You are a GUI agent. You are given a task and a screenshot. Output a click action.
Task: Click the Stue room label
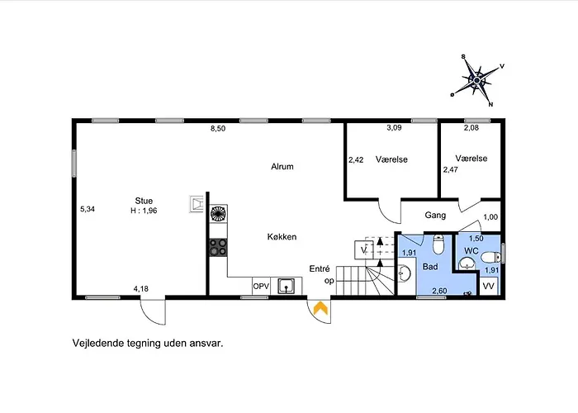(144, 201)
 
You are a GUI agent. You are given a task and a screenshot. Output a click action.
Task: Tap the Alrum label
(282, 167)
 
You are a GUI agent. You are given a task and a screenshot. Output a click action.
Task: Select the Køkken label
(282, 237)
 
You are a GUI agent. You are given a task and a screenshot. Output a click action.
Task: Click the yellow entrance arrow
(320, 308)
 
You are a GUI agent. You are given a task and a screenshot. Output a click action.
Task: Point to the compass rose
(478, 80)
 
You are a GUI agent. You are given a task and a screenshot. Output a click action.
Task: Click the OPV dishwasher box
(262, 286)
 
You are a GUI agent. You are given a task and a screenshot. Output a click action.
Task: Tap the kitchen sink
(286, 286)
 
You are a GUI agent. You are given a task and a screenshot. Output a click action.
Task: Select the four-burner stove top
(218, 247)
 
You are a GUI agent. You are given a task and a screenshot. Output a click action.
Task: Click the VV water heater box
(489, 286)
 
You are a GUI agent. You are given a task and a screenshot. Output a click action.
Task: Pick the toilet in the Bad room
(438, 244)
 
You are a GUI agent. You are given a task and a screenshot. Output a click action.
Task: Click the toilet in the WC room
(491, 257)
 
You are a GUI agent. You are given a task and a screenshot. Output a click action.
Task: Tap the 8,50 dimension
(218, 129)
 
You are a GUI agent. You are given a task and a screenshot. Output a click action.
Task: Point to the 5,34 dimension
(88, 209)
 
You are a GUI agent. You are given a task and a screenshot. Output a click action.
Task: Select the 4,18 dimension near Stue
(141, 289)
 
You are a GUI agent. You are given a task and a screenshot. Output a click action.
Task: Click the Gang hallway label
(435, 215)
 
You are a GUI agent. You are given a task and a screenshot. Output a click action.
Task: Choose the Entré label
(320, 268)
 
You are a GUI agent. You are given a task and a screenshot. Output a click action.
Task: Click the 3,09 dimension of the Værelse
(394, 127)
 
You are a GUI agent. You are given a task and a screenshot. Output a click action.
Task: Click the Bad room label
(430, 267)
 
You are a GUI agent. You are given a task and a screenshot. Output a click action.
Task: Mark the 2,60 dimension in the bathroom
(439, 291)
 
